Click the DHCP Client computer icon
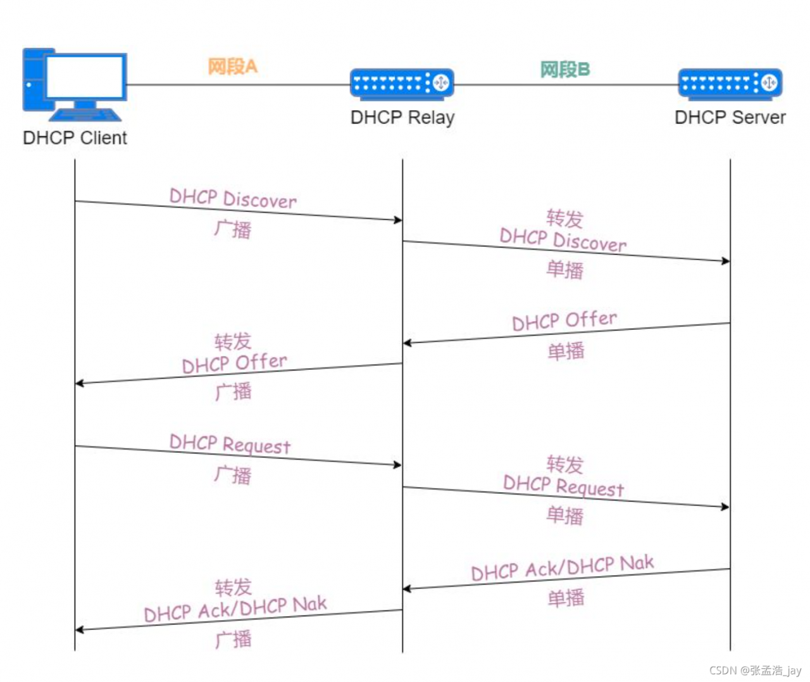click(75, 84)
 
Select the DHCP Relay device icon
click(402, 84)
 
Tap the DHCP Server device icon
click(730, 84)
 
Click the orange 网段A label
click(232, 66)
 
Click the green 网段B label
click(564, 70)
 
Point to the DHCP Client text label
click(75, 137)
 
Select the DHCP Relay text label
click(402, 118)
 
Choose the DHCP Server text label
click(730, 118)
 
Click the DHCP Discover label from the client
click(233, 198)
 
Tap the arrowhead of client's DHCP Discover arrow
click(398, 220)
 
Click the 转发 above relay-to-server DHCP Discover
click(564, 218)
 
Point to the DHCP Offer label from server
click(564, 320)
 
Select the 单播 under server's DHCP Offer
click(566, 351)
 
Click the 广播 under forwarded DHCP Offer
click(233, 391)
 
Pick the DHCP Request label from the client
click(230, 444)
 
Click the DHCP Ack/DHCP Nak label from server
click(563, 568)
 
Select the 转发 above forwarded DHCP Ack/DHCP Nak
click(233, 588)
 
